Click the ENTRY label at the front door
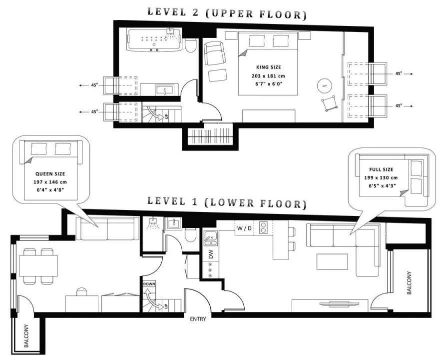(x=198, y=319)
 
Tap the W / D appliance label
(x=244, y=228)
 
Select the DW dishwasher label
(x=211, y=254)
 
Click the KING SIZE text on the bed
(x=268, y=67)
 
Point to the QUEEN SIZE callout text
(x=50, y=174)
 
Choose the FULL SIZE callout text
(x=381, y=169)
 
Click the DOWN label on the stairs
(x=149, y=284)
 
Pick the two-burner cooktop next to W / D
(x=263, y=228)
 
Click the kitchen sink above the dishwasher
(x=210, y=238)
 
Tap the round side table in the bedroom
(x=325, y=85)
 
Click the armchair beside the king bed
(x=215, y=53)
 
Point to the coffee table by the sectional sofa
(x=332, y=262)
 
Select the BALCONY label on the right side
(x=410, y=283)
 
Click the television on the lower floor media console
(x=340, y=304)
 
